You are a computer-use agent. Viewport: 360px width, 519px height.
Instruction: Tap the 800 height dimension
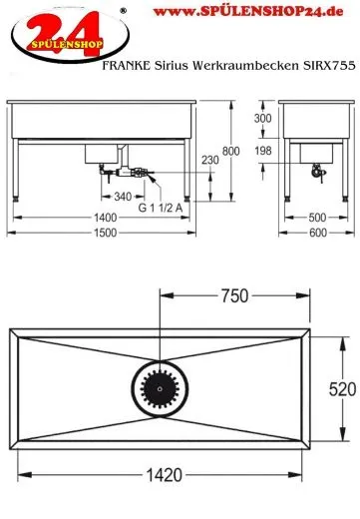point(260,151)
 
